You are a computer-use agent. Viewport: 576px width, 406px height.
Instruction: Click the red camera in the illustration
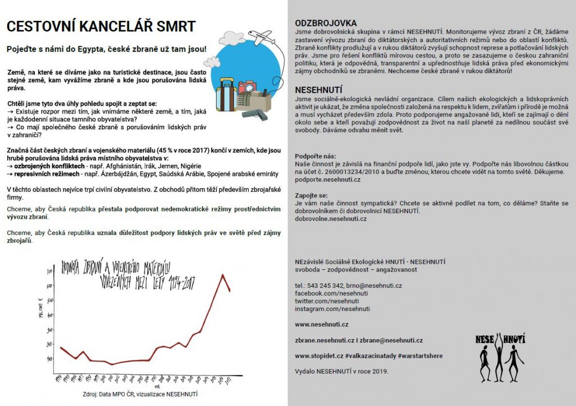point(246,87)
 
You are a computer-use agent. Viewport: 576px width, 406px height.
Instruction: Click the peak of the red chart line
point(223,274)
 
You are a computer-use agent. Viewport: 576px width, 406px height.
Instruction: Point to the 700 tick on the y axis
point(49,271)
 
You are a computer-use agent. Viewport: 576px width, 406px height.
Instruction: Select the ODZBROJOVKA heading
point(326,23)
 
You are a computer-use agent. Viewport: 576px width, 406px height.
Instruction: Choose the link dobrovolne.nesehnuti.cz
point(331,218)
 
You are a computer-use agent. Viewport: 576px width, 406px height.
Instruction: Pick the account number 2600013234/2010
point(355,171)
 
